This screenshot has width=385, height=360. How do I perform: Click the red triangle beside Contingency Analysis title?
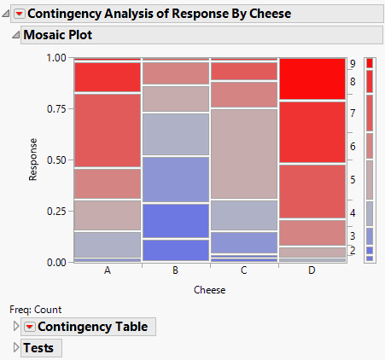point(20,14)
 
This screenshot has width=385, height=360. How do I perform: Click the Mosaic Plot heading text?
point(57,36)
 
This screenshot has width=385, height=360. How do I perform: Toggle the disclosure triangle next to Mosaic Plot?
point(15,36)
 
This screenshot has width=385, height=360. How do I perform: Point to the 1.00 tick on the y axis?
point(55,58)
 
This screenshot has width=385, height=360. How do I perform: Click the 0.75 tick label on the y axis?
point(55,109)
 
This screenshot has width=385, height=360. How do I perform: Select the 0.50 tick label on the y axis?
point(55,160)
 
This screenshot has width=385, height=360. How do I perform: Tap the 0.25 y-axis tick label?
point(55,212)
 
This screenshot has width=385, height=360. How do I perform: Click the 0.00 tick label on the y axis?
point(55,262)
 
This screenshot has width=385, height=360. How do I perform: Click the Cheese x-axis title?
point(209,290)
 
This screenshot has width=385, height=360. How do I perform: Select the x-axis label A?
point(107,270)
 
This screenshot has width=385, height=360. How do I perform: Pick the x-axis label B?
point(175,270)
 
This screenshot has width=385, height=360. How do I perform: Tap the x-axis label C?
point(243,270)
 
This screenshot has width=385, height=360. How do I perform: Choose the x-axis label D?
point(312,270)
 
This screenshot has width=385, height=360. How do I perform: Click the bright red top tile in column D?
point(312,79)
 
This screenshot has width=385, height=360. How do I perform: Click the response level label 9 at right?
point(353,64)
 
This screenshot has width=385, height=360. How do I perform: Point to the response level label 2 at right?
point(353,251)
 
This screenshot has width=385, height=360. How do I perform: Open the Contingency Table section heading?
point(92,327)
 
